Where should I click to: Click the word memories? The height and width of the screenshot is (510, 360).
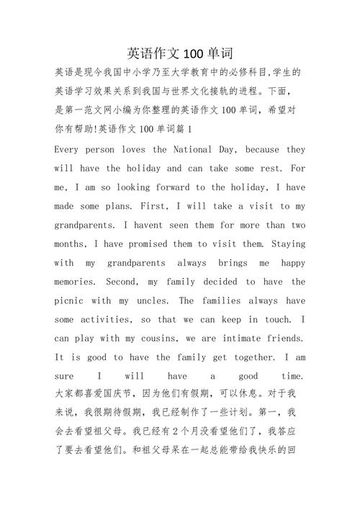(x=78, y=282)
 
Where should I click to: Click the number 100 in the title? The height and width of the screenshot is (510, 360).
(x=194, y=53)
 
